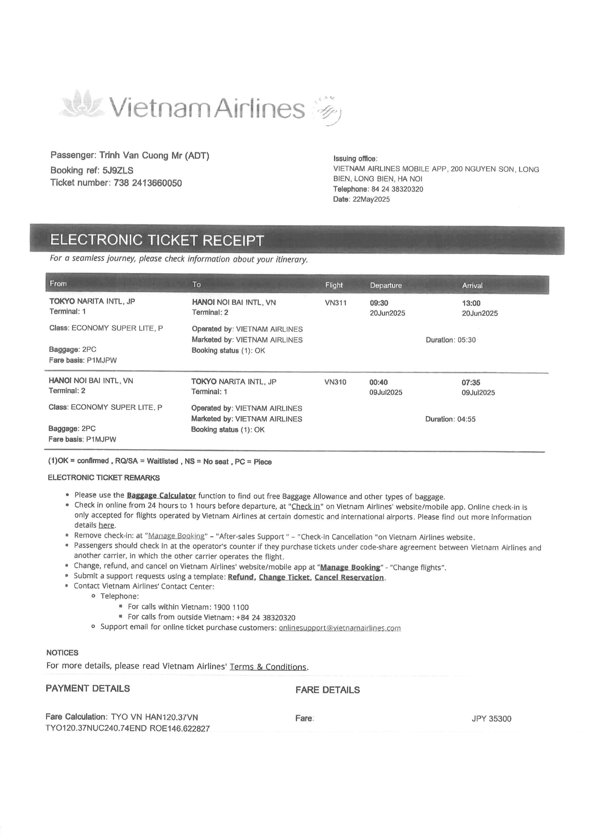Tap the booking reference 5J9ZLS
point(118,170)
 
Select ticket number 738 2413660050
point(148,183)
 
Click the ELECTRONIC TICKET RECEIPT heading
point(157,240)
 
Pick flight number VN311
point(336,303)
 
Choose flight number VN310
point(335,382)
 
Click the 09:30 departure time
point(379,303)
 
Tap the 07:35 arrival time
point(471,382)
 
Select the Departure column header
point(386,286)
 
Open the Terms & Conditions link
point(268,667)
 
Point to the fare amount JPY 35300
point(491,719)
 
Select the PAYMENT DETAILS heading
point(88,688)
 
